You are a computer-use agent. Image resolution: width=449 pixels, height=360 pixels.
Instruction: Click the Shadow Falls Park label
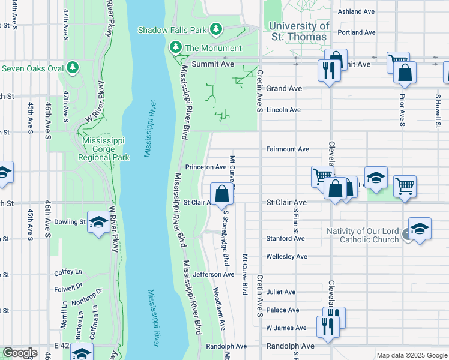click(x=173, y=29)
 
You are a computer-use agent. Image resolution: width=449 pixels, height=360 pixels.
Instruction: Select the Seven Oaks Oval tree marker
click(x=73, y=67)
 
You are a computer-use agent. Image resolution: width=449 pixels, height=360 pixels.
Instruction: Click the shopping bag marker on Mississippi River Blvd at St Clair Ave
click(x=221, y=194)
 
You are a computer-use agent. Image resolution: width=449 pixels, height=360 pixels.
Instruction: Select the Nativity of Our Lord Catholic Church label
click(x=362, y=235)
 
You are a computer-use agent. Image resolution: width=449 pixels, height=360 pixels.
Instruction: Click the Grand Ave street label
click(x=283, y=88)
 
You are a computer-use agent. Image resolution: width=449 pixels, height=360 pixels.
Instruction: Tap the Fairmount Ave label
click(x=287, y=149)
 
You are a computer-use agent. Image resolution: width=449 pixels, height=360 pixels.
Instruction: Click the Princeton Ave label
click(x=206, y=167)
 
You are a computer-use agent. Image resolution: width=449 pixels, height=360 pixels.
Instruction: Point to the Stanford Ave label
click(x=285, y=238)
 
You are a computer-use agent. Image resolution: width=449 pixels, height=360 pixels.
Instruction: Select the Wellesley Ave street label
click(x=286, y=256)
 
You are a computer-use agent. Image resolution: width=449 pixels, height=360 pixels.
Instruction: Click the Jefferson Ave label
click(x=214, y=274)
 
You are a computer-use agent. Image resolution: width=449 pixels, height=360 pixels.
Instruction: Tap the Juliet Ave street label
click(x=281, y=292)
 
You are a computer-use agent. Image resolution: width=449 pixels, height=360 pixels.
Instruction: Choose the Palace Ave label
click(x=283, y=310)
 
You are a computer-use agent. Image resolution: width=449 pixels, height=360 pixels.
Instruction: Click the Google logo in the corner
click(x=20, y=353)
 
